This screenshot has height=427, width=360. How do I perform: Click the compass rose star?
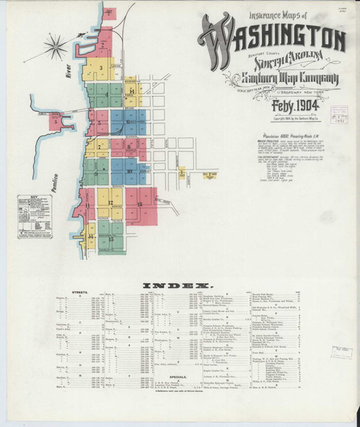click(55, 48)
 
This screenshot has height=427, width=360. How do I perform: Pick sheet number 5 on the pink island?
click(55, 122)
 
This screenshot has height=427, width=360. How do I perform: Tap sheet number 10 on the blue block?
click(129, 171)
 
